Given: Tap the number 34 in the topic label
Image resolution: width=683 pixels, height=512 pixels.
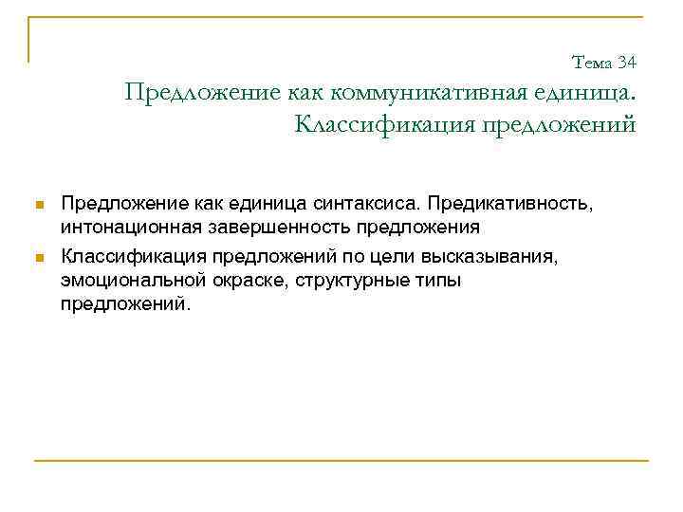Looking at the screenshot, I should pos(626,63).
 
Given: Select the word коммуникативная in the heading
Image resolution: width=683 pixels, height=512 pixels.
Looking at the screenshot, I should pos(410,93).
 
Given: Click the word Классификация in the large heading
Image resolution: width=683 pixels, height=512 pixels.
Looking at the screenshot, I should pos(378,124).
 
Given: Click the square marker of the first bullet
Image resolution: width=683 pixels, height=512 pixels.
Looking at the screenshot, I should pos(38,205).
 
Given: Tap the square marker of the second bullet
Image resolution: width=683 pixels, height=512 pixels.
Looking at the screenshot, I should pos(38,257).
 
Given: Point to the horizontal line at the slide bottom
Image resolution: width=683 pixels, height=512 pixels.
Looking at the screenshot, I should pos(341,462).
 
